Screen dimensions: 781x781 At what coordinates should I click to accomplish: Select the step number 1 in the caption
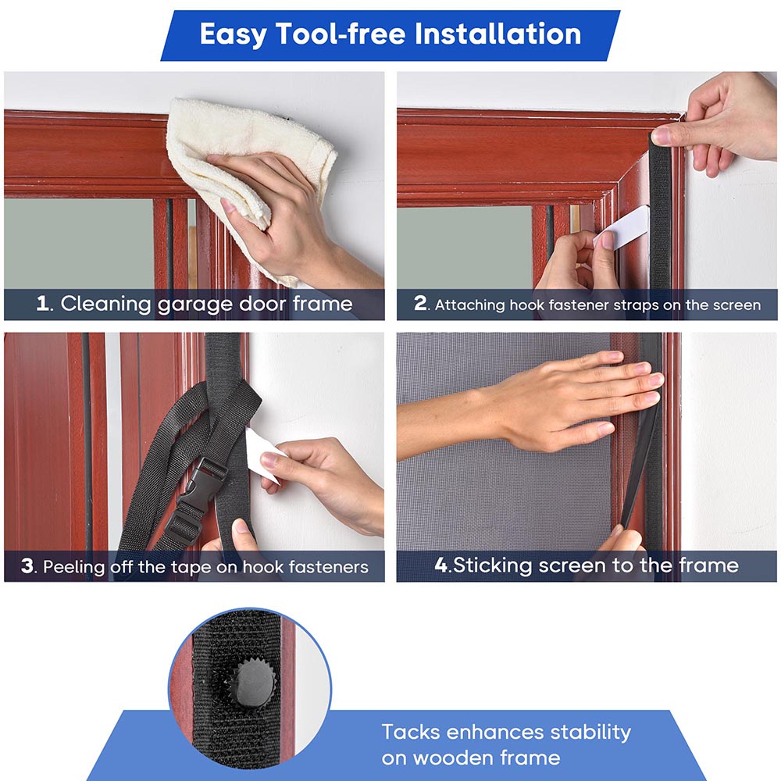click(43, 304)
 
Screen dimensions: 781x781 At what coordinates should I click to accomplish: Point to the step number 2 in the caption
click(421, 304)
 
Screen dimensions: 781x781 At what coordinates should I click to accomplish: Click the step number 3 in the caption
click(28, 566)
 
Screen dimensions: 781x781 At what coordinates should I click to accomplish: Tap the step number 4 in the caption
click(441, 565)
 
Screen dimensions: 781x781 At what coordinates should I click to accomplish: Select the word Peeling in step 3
click(75, 567)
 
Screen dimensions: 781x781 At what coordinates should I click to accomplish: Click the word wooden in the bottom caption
click(453, 758)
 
